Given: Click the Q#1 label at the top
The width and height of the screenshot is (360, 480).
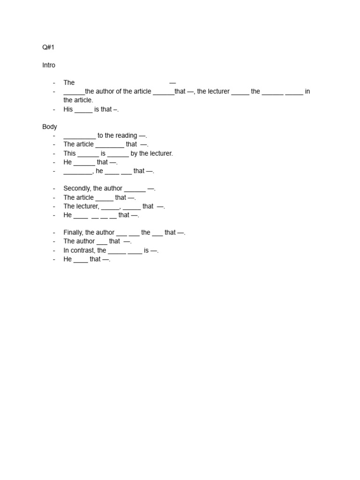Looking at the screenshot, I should coord(48,47).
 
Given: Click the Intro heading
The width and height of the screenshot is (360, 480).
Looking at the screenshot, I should coord(49,65).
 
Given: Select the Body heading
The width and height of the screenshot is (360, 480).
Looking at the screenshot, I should coord(50,127).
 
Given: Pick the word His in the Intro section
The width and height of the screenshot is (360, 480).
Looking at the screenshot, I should coord(68,109).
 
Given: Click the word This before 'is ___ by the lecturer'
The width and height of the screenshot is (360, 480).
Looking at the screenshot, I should coord(69,153).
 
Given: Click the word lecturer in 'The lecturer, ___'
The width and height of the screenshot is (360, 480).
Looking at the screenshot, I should coord(87,206).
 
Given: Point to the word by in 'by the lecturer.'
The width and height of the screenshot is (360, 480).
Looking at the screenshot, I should coord(135,153).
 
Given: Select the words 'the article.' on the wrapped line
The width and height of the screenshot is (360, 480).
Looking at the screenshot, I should coord(78,100).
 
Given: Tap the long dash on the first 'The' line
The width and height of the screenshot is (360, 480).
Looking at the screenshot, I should coord(172,82).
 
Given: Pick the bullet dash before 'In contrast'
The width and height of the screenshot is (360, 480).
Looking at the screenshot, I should coord(54,250).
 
